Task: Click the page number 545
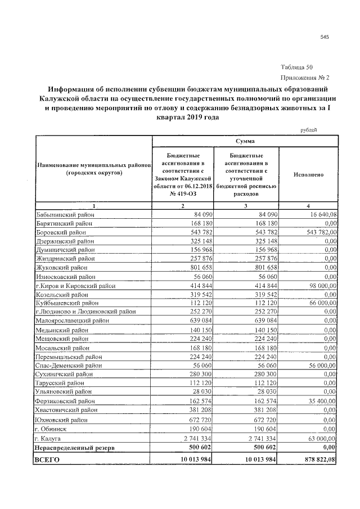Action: (x=324, y=37)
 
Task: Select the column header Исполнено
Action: (x=308, y=175)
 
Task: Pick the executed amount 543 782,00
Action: (x=319, y=232)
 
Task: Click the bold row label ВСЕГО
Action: (x=47, y=460)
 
